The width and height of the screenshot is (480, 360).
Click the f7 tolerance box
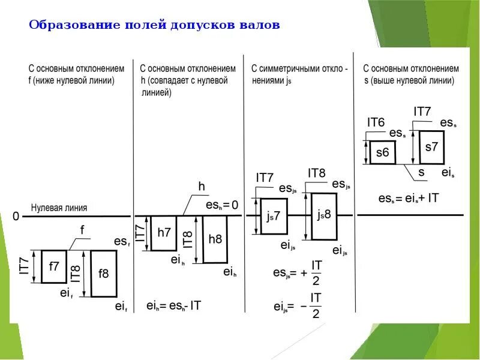[54, 266]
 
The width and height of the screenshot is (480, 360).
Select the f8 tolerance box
[103, 274]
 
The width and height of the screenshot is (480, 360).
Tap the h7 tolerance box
[164, 232]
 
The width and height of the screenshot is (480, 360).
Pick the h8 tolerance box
[215, 239]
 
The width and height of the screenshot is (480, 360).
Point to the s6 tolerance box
[382, 152]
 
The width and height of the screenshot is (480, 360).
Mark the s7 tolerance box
[431, 147]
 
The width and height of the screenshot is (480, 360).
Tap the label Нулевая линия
[59, 208]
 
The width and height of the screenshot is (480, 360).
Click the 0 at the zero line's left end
[16, 216]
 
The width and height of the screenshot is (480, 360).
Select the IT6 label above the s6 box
[376, 122]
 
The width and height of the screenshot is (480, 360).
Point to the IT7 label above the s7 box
[422, 111]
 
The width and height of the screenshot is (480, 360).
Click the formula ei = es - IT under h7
[174, 305]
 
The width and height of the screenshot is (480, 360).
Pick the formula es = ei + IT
[409, 198]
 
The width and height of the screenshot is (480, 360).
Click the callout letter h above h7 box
[202, 187]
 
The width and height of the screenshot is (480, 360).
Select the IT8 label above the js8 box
[316, 173]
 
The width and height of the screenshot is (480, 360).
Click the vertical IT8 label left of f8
[76, 273]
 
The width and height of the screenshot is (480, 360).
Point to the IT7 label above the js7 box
[265, 178]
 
